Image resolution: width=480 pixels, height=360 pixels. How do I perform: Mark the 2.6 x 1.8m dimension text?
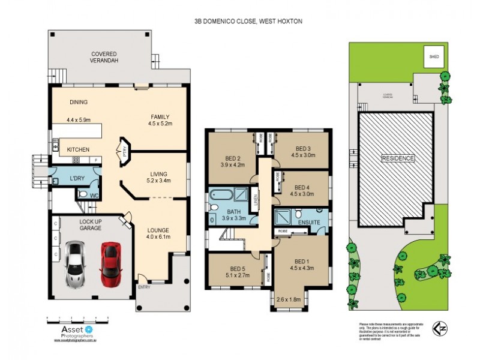(289, 299)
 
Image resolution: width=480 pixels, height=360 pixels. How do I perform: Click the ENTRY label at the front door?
(145, 287)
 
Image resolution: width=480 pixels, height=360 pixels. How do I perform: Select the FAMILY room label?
(160, 116)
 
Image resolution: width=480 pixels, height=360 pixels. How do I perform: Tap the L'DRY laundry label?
(77, 178)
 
